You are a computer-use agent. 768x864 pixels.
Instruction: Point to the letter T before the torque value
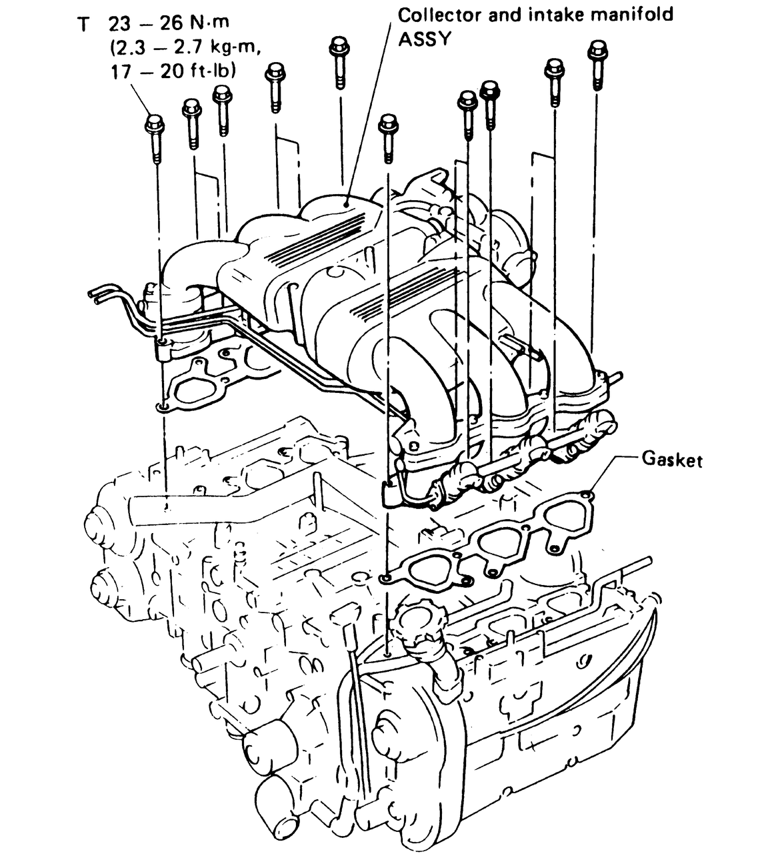83,25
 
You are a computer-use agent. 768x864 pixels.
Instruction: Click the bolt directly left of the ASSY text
339,48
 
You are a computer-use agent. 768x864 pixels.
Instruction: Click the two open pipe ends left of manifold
93,295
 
